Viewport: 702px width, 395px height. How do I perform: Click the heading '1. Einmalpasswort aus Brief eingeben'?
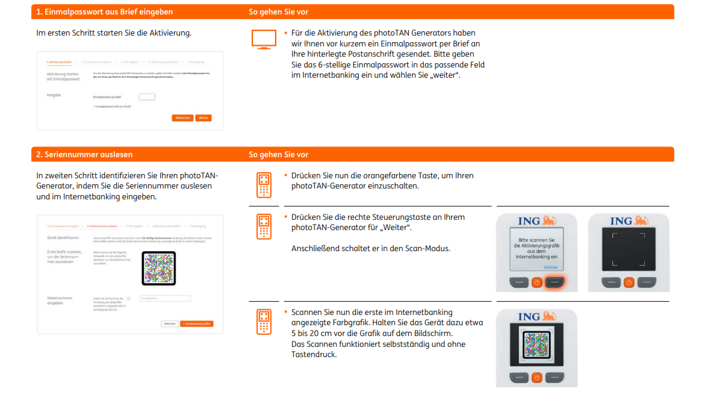point(104,12)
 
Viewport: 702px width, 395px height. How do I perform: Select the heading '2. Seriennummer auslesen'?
point(84,155)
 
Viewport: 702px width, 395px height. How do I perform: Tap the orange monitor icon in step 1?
point(263,39)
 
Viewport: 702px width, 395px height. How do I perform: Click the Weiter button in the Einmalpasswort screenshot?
point(203,118)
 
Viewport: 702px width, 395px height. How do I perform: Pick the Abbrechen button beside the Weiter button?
point(182,118)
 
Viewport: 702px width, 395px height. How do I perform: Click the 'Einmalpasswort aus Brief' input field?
point(147,97)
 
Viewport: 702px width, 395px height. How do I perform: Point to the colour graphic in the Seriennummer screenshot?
point(159,268)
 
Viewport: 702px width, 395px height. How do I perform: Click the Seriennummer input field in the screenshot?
point(164,298)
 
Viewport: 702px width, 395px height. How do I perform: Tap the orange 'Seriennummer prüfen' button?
point(197,324)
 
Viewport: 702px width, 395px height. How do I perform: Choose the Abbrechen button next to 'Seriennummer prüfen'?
point(170,324)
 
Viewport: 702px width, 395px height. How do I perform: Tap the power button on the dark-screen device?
point(629,282)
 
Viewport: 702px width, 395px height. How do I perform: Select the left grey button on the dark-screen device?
point(610,282)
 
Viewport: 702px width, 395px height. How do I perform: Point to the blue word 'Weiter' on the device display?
point(550,267)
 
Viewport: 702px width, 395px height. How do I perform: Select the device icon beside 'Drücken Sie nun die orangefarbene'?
point(263,185)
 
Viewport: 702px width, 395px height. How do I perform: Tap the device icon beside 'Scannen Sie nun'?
point(263,322)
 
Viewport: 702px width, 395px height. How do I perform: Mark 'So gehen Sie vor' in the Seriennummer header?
point(278,155)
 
